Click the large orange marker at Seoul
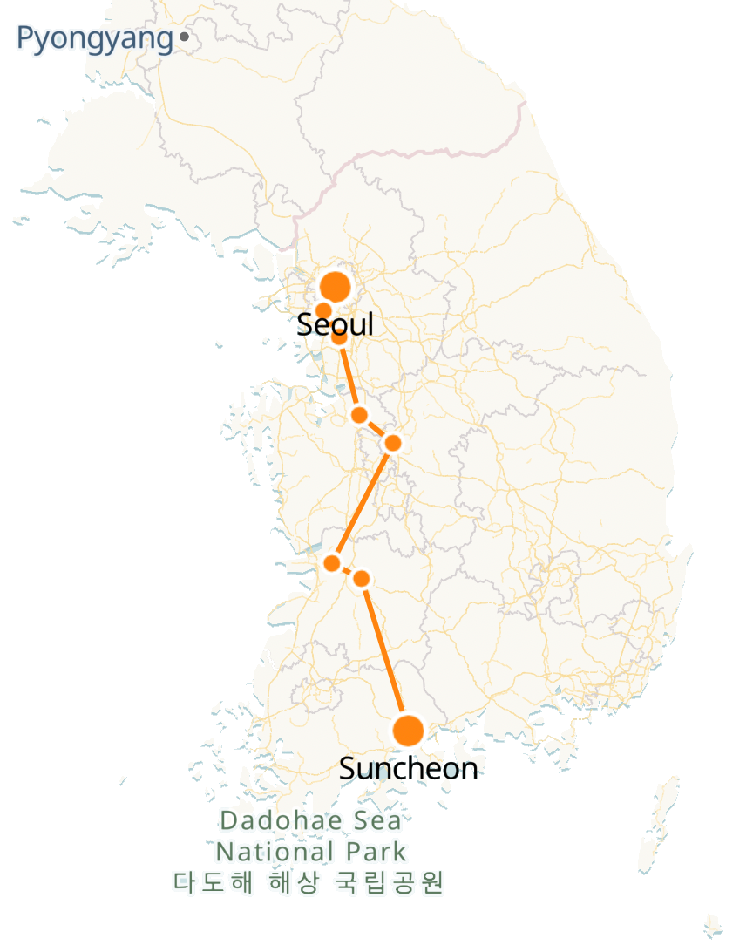pos(335,286)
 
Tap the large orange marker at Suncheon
pos(408,731)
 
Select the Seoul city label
pos(335,324)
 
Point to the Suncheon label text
pos(408,769)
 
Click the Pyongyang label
pos(94,39)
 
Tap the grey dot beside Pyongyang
pos(184,37)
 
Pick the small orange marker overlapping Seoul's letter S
pos(322,310)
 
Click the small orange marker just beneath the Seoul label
pos(339,337)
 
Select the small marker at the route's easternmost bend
pos(392,443)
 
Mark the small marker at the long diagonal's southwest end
pos(331,563)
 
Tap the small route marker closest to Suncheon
pos(362,579)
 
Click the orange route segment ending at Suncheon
pos(384,654)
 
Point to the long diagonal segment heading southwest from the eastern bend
pos(363,502)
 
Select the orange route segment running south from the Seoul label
pos(349,376)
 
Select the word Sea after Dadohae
pos(376,821)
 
